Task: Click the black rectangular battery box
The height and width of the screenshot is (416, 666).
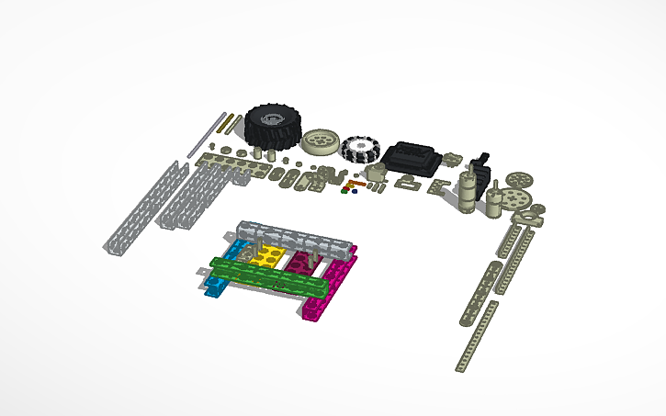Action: click(411, 157)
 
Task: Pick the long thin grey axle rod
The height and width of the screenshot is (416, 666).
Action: click(206, 134)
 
